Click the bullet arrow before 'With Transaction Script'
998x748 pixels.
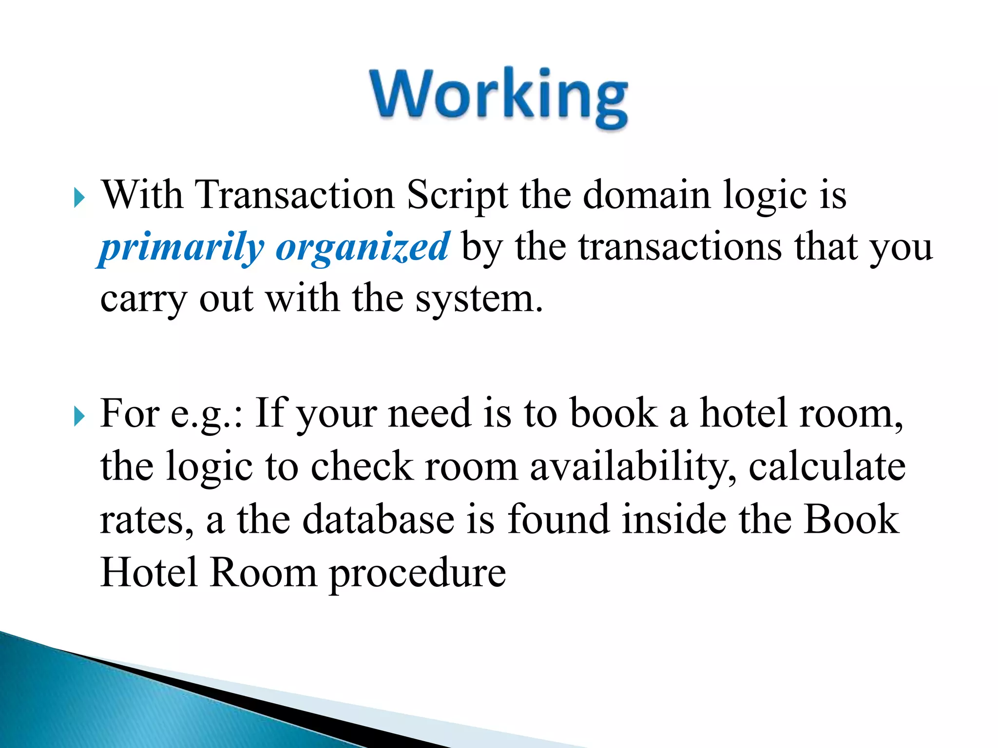[79, 198]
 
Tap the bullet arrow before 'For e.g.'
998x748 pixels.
[79, 417]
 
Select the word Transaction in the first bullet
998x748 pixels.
[294, 195]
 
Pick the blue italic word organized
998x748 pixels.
[362, 247]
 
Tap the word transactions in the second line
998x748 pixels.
[680, 247]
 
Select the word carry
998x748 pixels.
[143, 299]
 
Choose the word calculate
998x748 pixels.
[827, 467]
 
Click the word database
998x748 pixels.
[379, 519]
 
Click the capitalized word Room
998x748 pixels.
[264, 572]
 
